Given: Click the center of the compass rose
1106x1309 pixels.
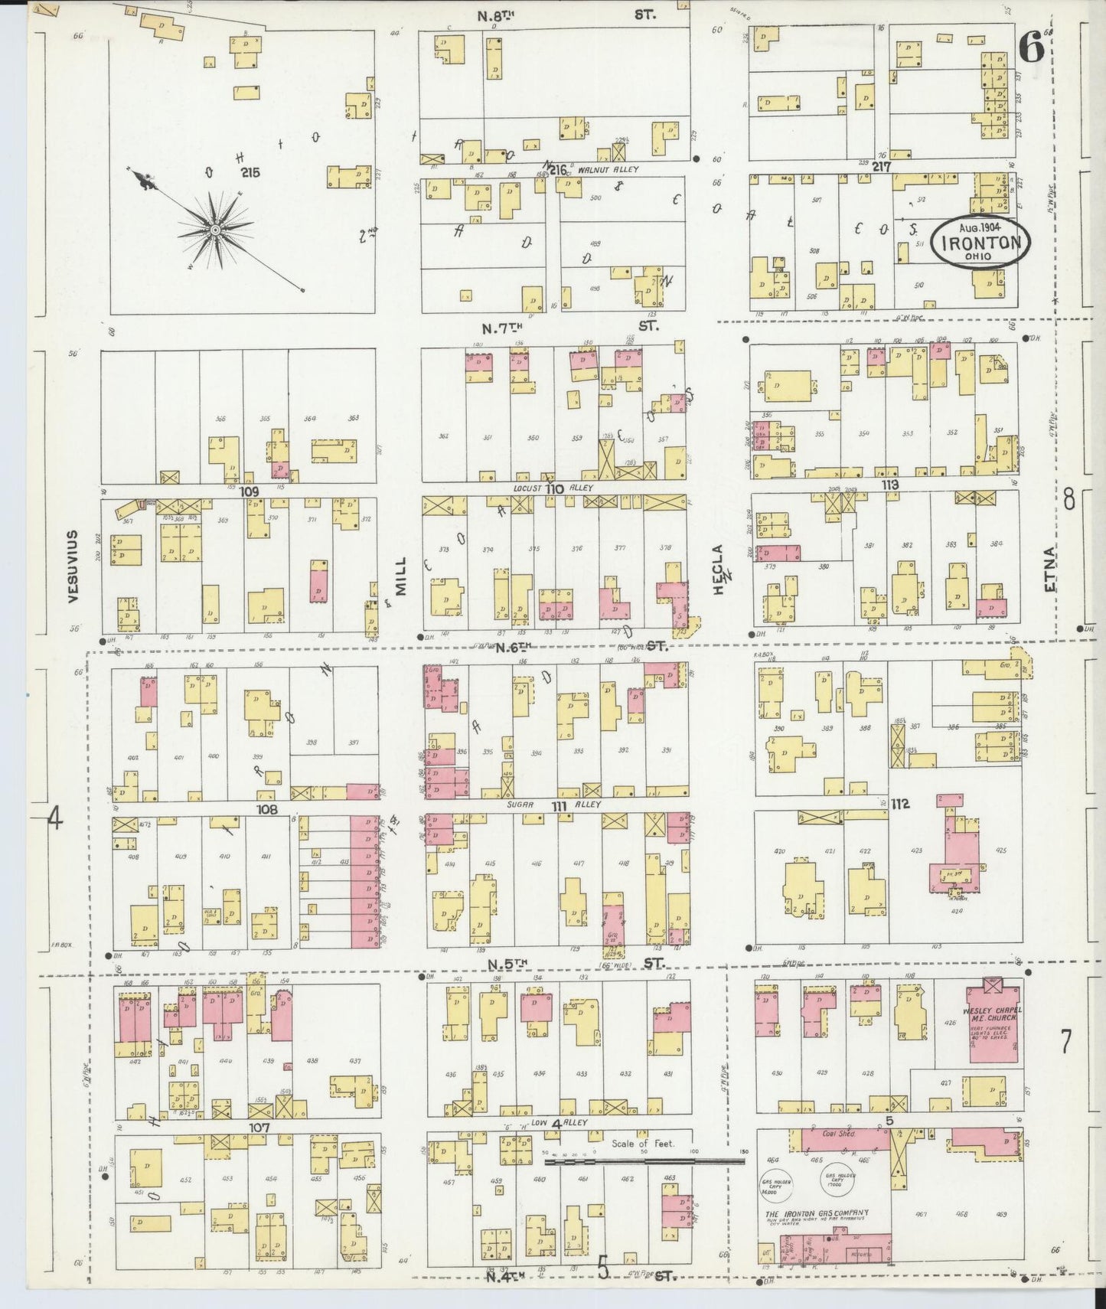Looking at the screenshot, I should click(215, 229).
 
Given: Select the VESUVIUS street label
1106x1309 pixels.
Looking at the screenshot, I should click(73, 566).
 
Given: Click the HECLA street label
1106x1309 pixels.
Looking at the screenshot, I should click(718, 570).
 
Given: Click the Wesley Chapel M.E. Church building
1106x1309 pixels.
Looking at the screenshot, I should click(993, 1023).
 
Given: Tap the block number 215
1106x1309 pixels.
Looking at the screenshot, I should click(250, 172).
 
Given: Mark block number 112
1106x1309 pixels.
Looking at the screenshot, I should click(899, 803).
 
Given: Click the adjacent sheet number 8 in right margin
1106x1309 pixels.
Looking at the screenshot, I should click(1068, 499).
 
